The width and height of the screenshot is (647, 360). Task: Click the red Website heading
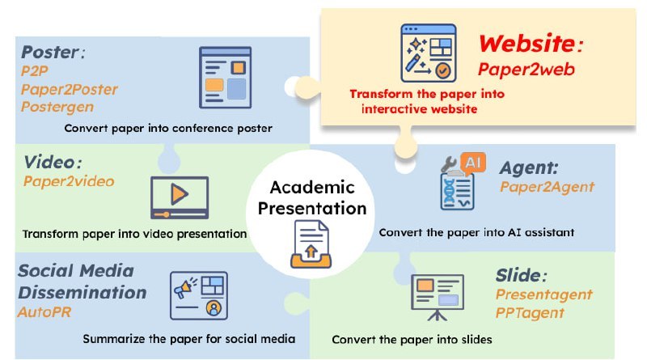tap(531, 44)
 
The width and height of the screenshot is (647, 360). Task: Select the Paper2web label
tap(526, 69)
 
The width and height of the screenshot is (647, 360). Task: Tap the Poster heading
tap(53, 53)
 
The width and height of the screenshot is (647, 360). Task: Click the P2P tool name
tap(35, 71)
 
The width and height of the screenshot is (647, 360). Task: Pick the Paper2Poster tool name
tap(70, 89)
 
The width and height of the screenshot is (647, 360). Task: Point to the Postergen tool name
tap(57, 107)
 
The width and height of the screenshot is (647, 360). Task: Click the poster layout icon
tap(226, 78)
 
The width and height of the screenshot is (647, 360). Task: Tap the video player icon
tap(180, 197)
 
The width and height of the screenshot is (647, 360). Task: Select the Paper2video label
tap(69, 181)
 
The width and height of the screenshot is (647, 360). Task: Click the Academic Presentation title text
tap(312, 197)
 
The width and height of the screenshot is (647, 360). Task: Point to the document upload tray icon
tap(311, 244)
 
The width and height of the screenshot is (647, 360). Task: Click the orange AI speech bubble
tap(473, 163)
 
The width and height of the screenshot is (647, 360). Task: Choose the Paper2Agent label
tap(548, 187)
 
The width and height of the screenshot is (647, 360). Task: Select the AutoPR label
tap(44, 311)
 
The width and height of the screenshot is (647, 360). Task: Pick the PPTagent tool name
tap(530, 313)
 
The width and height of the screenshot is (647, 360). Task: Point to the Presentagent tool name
tap(543, 294)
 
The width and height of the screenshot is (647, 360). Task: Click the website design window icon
tap(429, 53)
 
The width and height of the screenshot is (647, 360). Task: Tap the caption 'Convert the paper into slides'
tap(412, 339)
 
